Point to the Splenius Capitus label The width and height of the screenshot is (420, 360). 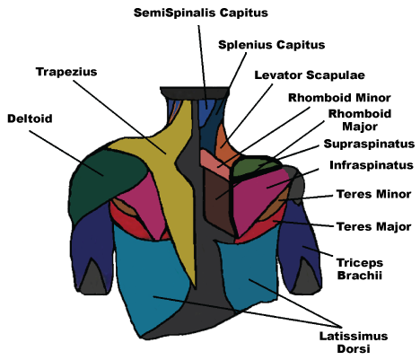pyautogui.click(x=258, y=44)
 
